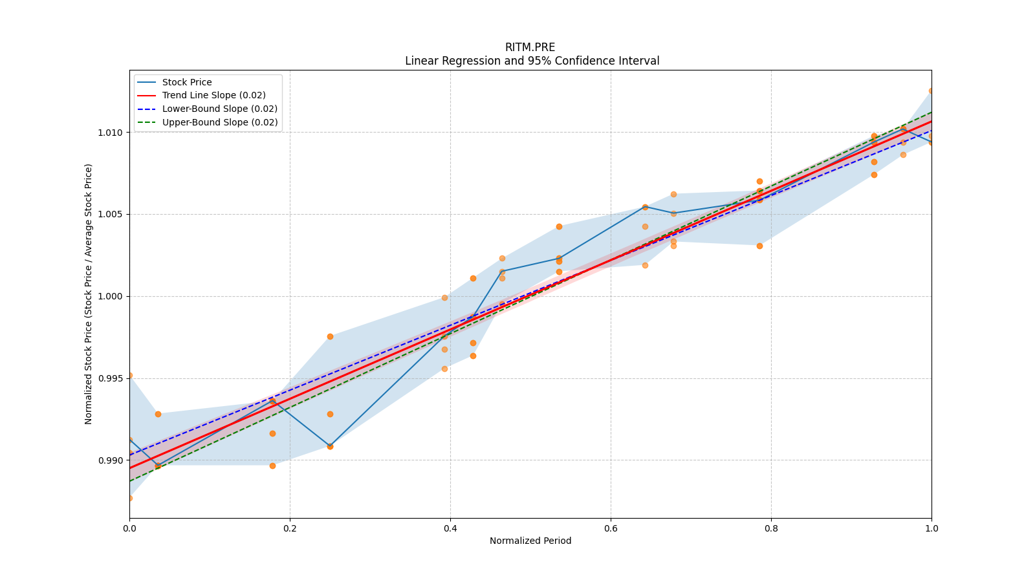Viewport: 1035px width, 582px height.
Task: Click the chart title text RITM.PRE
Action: [530, 47]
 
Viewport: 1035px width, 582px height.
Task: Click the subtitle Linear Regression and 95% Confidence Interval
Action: [532, 61]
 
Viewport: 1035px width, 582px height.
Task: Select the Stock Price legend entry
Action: [187, 82]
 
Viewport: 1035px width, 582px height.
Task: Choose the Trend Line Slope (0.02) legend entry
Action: [213, 96]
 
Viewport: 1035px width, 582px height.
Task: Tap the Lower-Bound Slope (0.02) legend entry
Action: [219, 109]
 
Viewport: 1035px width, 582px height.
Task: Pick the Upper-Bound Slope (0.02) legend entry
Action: [219, 122]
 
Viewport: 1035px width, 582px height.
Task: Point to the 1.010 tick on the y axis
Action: [111, 133]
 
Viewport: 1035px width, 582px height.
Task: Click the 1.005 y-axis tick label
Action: [111, 215]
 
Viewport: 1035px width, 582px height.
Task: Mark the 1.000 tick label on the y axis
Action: [111, 297]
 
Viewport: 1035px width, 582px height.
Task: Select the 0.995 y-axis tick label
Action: [111, 378]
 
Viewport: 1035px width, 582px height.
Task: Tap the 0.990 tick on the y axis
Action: [111, 460]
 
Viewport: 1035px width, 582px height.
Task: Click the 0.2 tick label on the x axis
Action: [290, 528]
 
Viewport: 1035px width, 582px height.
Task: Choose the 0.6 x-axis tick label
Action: [611, 528]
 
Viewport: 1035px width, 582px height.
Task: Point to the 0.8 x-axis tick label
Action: [771, 528]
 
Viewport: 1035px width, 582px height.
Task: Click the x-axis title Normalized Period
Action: [530, 541]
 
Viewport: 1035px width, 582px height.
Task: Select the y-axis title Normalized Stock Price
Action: [89, 294]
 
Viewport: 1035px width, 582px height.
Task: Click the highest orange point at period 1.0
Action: [931, 91]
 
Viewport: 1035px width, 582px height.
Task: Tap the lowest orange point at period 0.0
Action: [130, 498]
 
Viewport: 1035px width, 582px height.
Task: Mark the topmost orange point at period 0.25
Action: [330, 336]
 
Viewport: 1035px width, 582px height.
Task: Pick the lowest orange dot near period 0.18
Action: [272, 466]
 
